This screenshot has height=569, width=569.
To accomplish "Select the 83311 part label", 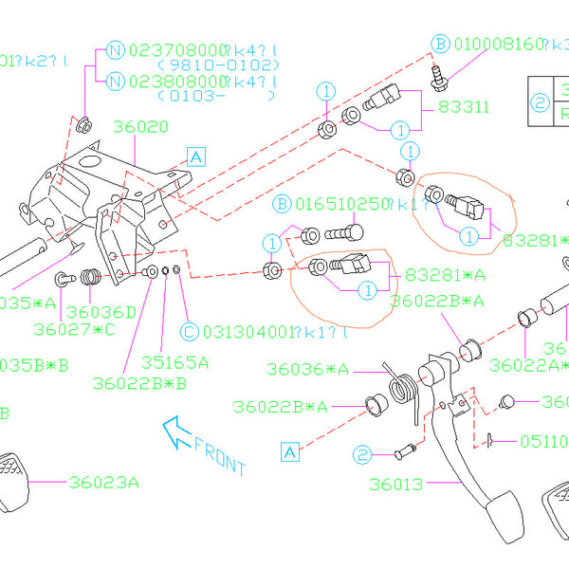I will click(x=464, y=108).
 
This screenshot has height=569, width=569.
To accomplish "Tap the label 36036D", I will click(x=101, y=311).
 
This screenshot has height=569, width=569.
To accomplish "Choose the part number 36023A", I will click(x=104, y=482).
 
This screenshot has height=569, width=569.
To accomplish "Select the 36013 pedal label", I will click(x=397, y=486).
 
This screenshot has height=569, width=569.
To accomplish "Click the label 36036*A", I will click(x=307, y=369).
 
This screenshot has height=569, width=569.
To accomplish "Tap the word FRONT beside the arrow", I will click(x=219, y=452).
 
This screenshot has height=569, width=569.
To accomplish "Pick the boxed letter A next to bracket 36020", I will click(x=195, y=156).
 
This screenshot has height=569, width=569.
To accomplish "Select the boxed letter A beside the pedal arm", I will click(x=289, y=450).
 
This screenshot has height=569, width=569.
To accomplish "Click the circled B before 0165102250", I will click(x=283, y=204).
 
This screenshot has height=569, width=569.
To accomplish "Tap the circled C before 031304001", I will click(x=188, y=331).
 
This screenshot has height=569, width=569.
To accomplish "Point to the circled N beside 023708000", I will click(x=115, y=50).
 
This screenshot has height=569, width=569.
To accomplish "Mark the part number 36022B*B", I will click(x=140, y=382).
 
